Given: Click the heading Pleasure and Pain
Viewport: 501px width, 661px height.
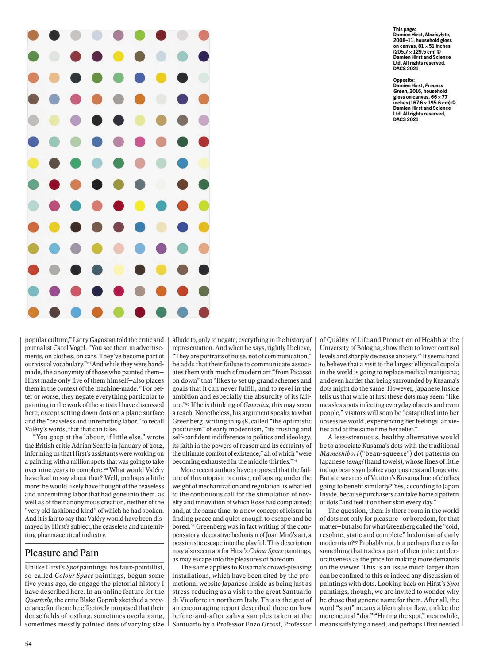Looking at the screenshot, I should point(62,553).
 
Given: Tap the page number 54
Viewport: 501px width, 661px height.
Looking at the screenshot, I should point(28,644).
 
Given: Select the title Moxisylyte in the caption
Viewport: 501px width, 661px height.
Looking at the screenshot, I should point(438,35).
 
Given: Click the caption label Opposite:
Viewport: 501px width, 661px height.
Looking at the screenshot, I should point(404,80).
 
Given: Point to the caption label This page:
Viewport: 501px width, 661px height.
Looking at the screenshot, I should point(405,29).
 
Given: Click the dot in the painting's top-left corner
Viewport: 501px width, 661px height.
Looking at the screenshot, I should point(33,35).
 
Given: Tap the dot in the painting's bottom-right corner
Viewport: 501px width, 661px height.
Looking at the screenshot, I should point(204,312).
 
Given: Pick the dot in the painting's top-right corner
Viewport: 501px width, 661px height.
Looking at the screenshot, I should point(204,35).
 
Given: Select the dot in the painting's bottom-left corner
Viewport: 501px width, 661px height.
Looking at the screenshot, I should point(33,312).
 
